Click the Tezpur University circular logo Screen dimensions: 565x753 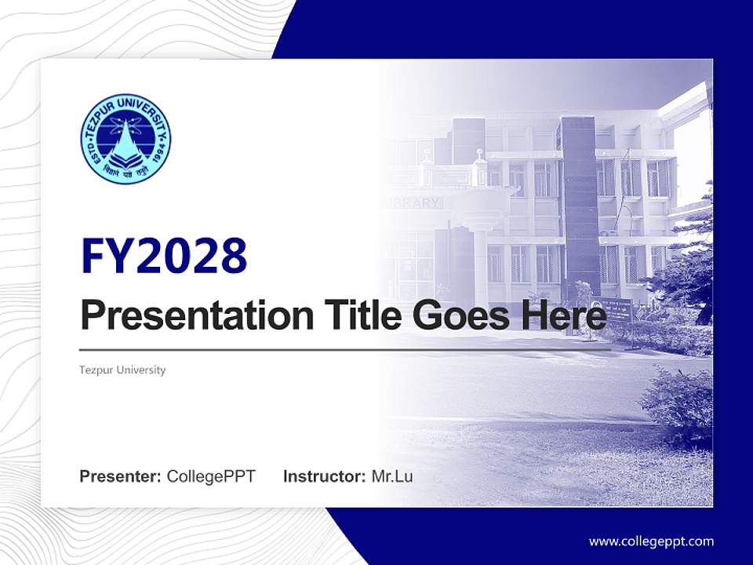[x=125, y=138]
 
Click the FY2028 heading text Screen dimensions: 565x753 [x=164, y=256]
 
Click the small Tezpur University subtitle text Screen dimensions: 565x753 [x=122, y=370]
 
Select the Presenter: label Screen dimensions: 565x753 [x=121, y=476]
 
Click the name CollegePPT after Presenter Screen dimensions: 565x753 [x=211, y=476]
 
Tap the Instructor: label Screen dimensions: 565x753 [x=325, y=476]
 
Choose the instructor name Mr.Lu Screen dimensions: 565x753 [x=392, y=476]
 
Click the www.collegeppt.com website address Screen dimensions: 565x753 [x=651, y=541]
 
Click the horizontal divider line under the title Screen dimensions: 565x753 [x=345, y=349]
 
